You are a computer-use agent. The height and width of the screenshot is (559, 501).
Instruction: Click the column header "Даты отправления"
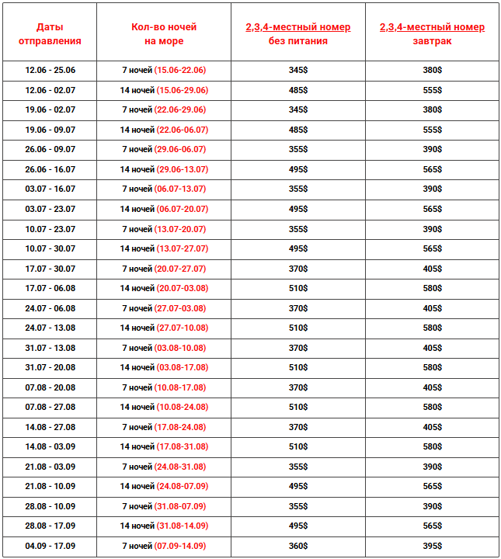click(x=50, y=34)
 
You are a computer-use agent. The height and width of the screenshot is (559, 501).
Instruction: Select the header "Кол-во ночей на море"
click(x=164, y=34)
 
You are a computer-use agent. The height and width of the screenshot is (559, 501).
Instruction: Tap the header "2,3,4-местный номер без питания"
click(x=297, y=34)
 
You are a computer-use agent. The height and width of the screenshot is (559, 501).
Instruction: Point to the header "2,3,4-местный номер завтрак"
click(x=432, y=34)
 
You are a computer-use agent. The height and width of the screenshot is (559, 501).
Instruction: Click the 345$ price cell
click(x=297, y=71)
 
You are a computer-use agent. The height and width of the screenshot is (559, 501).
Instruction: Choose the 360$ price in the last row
click(x=297, y=546)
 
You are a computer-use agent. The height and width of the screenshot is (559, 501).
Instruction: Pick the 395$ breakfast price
click(x=432, y=546)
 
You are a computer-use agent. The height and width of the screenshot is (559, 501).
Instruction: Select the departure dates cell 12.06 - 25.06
click(x=50, y=71)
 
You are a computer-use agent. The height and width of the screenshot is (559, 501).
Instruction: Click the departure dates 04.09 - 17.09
click(x=50, y=546)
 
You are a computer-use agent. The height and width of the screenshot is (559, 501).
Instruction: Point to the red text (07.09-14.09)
click(x=180, y=546)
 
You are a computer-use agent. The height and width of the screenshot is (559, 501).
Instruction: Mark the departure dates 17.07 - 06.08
click(x=50, y=289)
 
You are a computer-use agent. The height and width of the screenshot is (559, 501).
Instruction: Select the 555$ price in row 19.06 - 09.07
click(x=432, y=130)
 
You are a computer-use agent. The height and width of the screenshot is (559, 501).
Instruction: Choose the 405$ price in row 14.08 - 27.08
click(x=432, y=427)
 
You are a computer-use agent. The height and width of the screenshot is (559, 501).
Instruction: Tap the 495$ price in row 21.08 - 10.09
click(x=297, y=486)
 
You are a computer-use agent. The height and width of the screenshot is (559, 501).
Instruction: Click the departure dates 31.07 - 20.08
click(x=50, y=368)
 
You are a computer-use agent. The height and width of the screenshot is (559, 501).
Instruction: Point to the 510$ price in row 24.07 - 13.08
click(x=297, y=328)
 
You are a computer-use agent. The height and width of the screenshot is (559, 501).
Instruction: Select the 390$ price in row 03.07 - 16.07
click(x=432, y=189)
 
